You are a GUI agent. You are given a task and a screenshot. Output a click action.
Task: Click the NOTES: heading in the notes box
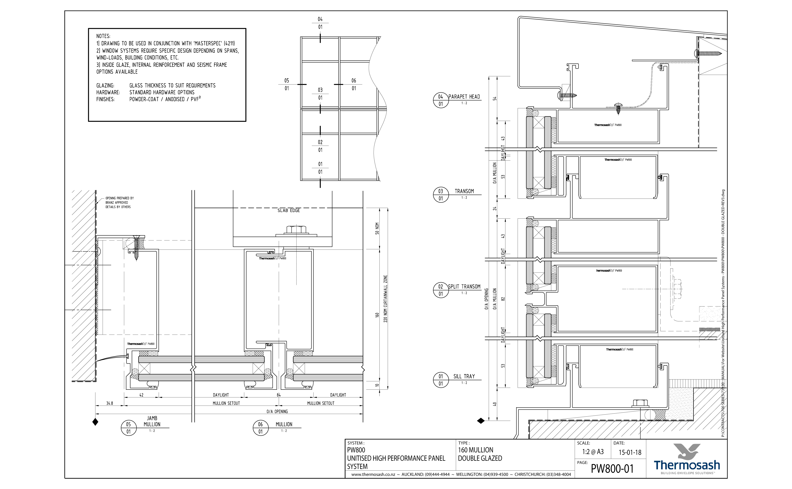[x=103, y=36]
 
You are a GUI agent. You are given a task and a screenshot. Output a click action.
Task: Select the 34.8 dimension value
[x=110, y=403]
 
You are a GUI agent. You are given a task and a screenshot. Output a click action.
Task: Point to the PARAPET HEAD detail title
[x=464, y=97]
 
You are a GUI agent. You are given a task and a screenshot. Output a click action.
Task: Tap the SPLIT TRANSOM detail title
[x=464, y=287]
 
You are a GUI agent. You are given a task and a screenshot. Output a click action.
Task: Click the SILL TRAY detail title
[x=464, y=376]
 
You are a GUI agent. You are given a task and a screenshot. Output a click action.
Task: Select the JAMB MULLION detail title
[x=152, y=421]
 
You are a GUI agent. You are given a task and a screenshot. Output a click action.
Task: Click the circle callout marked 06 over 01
[x=261, y=428]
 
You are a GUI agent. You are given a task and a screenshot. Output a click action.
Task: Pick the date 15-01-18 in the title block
[x=630, y=452]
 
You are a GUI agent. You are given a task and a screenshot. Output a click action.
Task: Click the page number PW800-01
[x=612, y=469]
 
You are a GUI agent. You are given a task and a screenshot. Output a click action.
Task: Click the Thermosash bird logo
[x=687, y=451]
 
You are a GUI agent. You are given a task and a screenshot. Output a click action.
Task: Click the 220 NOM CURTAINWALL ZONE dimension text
[x=385, y=298]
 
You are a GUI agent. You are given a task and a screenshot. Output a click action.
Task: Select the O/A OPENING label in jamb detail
[x=277, y=411]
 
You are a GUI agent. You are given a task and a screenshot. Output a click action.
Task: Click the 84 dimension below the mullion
[x=279, y=395]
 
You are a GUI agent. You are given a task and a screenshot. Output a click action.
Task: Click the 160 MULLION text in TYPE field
[x=475, y=450]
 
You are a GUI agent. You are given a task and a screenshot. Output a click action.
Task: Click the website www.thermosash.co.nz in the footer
[x=373, y=474]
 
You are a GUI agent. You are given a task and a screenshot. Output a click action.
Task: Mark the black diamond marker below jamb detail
[x=95, y=422]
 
